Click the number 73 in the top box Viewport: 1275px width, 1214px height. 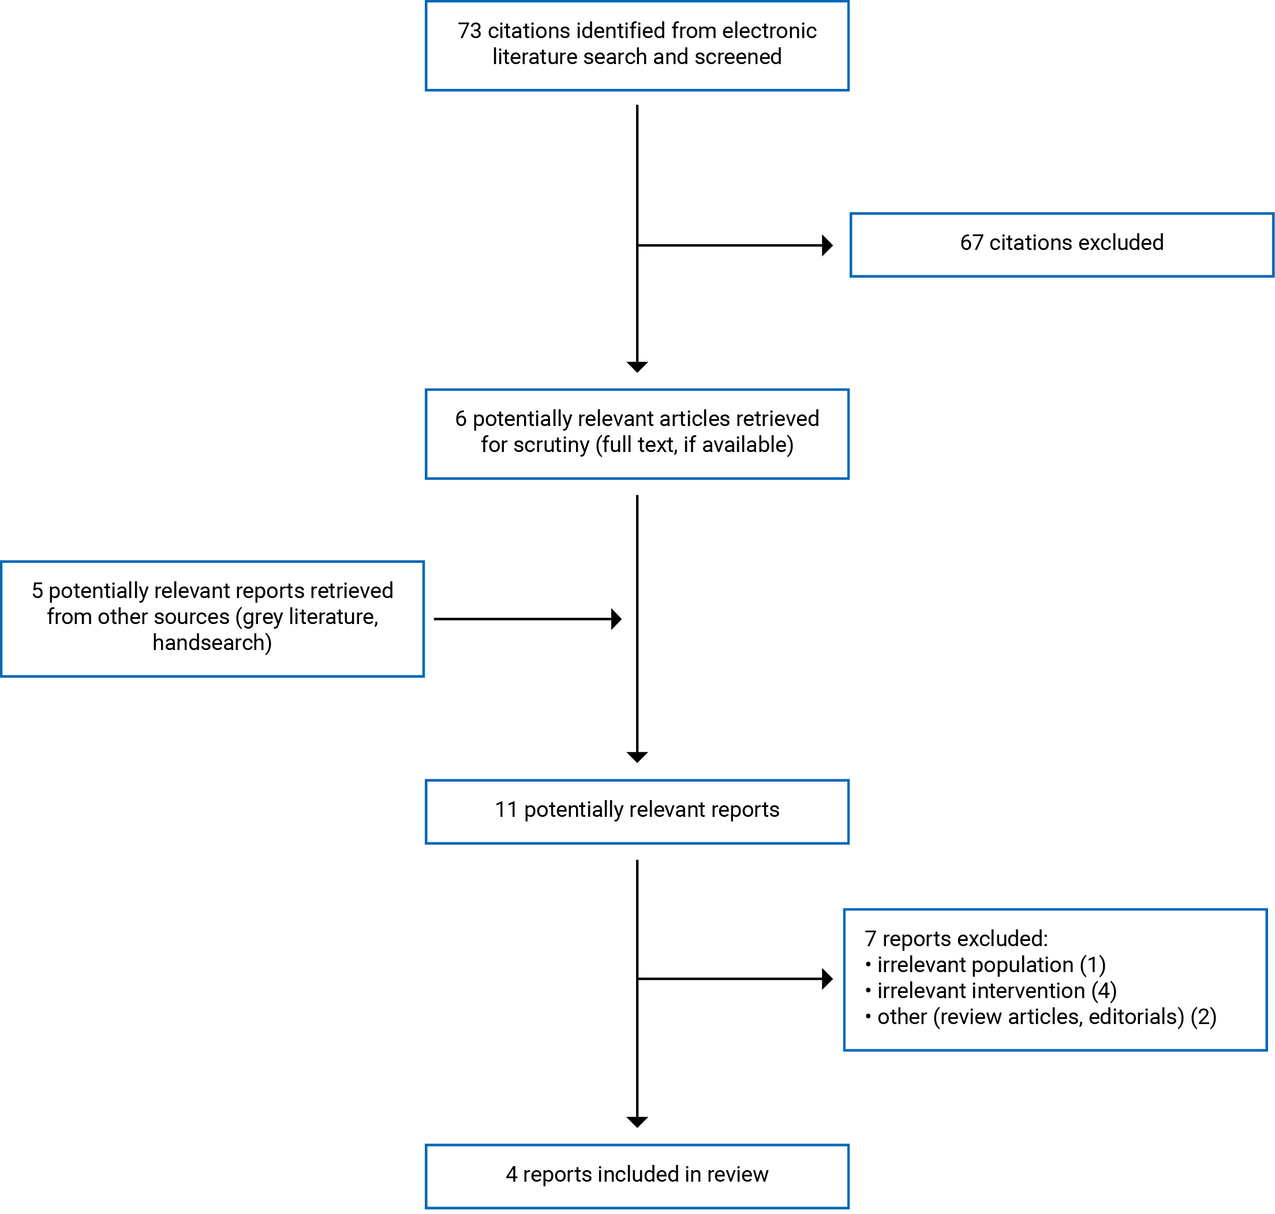(469, 31)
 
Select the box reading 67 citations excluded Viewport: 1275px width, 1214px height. (1061, 245)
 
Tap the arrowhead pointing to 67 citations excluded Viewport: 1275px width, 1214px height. (827, 245)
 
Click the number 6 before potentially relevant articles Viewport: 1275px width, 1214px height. (460, 419)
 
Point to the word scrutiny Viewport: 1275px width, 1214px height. (551, 444)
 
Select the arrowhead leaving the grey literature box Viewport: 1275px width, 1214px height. (616, 619)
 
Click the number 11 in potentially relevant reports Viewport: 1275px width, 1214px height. (505, 809)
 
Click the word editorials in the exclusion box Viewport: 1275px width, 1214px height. (1135, 1017)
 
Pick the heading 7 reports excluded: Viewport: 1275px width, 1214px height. (955, 938)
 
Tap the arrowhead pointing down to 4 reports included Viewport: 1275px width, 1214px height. (637, 1122)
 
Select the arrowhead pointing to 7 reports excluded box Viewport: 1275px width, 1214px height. (827, 978)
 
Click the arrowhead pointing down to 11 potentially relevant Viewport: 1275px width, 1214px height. (637, 756)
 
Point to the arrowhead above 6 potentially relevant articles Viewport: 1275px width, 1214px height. (637, 366)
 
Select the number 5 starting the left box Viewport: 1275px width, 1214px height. (37, 591)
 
